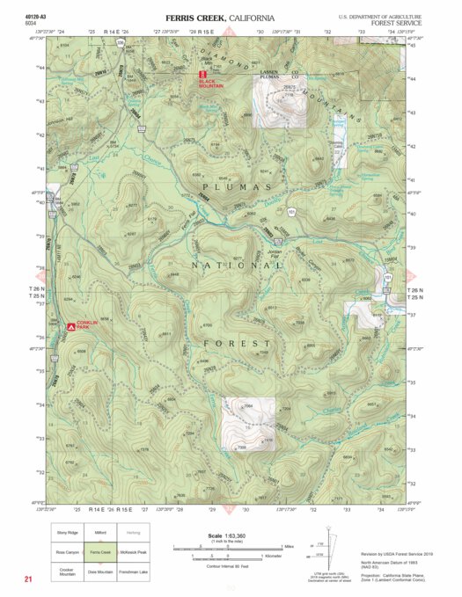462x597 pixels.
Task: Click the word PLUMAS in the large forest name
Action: point(236,187)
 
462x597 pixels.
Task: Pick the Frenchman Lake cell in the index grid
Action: point(133,572)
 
